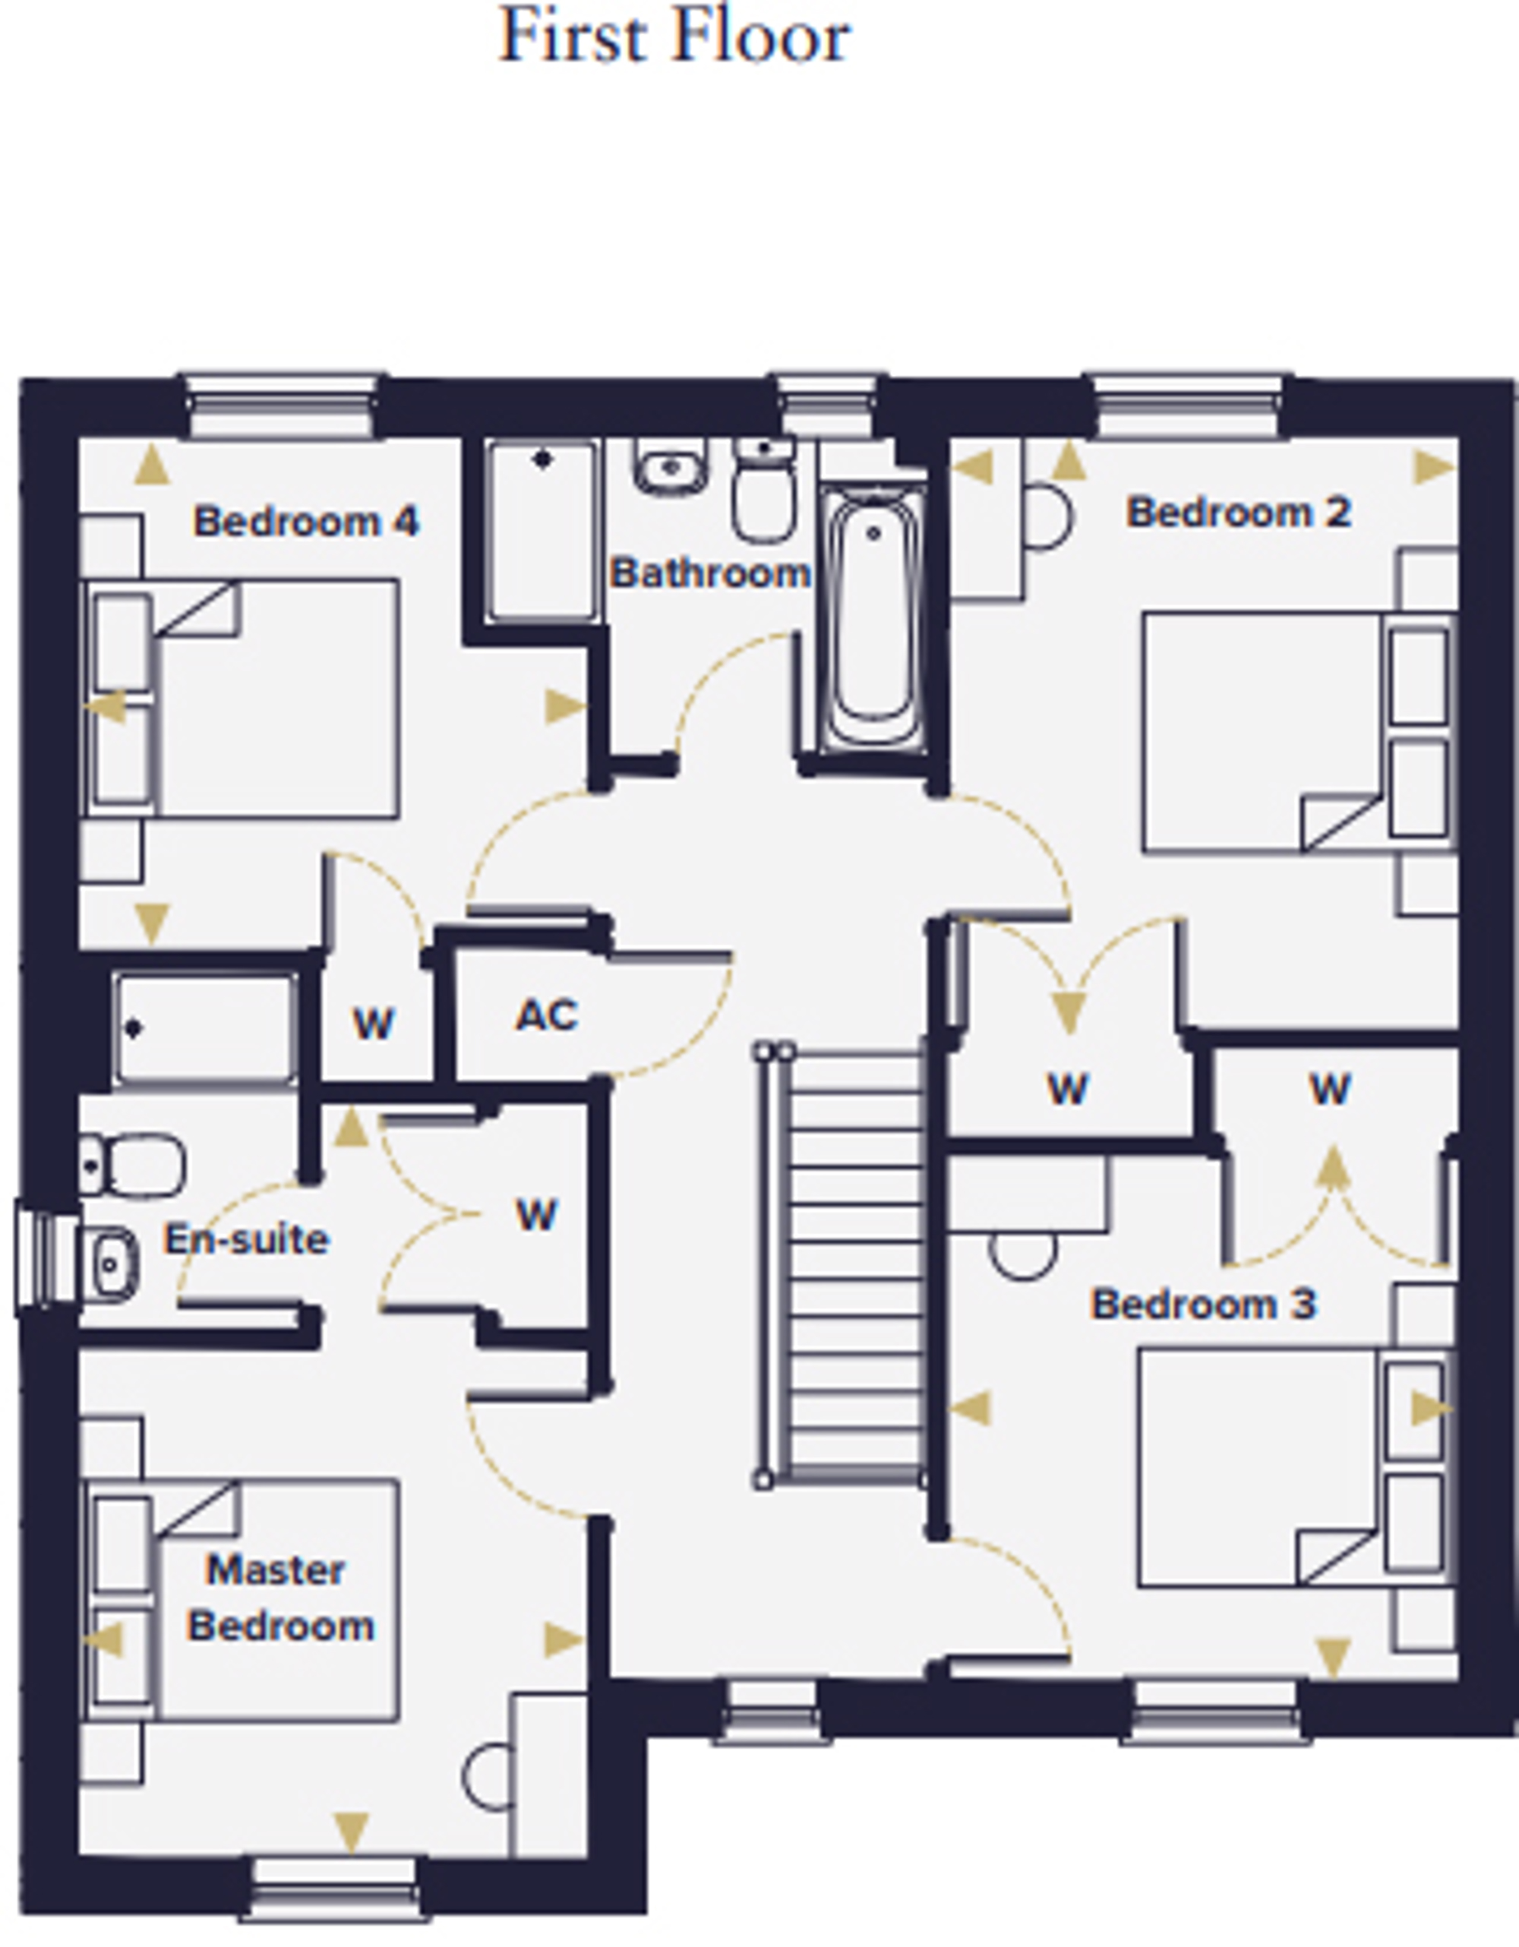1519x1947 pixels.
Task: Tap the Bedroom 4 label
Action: [306, 522]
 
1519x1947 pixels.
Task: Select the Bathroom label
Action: [710, 573]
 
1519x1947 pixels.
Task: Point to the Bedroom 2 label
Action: [1239, 513]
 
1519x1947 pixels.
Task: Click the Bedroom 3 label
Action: [1204, 1305]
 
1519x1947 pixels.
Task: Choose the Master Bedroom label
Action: [280, 1598]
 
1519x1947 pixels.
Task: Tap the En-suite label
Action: [247, 1239]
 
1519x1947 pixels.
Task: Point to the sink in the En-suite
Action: [109, 1264]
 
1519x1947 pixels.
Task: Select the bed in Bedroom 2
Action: [1300, 732]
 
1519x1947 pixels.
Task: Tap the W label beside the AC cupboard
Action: [374, 1024]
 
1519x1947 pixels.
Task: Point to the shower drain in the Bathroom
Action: [543, 460]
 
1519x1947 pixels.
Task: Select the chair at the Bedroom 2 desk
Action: [1047, 516]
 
